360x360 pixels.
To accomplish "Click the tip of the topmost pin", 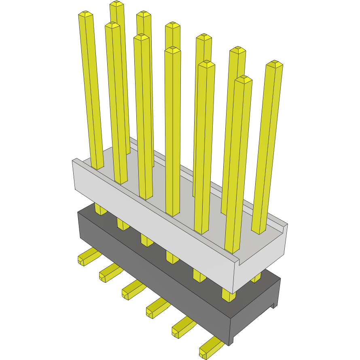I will tap(116, 4).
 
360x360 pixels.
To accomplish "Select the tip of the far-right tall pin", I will tap(274, 64).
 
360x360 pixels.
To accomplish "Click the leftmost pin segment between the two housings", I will tap(100, 209).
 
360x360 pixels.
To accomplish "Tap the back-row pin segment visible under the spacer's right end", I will tap(256, 278).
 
